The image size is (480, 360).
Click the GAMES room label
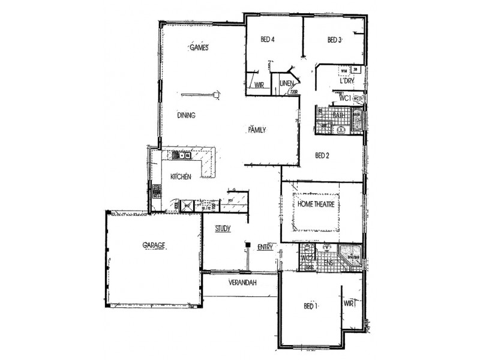pyautogui.click(x=199, y=47)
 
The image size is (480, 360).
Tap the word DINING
pyautogui.click(x=187, y=115)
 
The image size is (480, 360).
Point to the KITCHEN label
pyautogui.click(x=181, y=176)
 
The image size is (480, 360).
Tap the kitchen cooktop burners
pyautogui.click(x=157, y=191)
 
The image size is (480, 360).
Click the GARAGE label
pyautogui.click(x=154, y=245)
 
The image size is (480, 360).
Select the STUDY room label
pyautogui.click(x=223, y=228)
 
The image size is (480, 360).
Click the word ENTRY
pyautogui.click(x=265, y=247)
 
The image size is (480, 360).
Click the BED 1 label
pyautogui.click(x=310, y=306)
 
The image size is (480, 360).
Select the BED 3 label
pyautogui.click(x=334, y=40)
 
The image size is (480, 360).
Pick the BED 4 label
pyautogui.click(x=267, y=40)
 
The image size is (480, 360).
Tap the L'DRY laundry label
pyautogui.click(x=346, y=80)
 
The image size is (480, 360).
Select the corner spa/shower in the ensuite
pyautogui.click(x=350, y=257)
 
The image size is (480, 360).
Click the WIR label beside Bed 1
pyautogui.click(x=350, y=304)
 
